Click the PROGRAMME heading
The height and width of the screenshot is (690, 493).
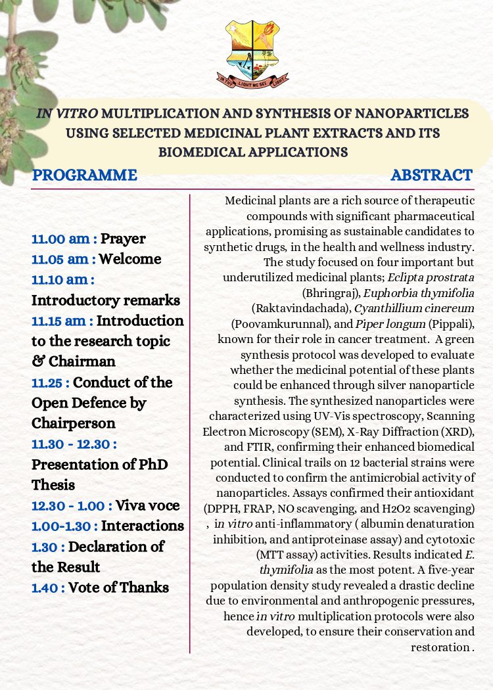[x=85, y=175]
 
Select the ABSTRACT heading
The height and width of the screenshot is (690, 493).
[x=431, y=175]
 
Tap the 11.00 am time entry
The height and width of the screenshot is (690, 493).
[x=64, y=239]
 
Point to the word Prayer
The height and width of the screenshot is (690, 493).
[x=123, y=239]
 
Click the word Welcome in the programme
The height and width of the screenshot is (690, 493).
[x=130, y=259]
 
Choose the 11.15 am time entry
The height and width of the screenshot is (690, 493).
[x=64, y=321]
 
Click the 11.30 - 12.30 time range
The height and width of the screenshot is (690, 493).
[x=74, y=444]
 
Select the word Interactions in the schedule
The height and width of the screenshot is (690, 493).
[x=143, y=526]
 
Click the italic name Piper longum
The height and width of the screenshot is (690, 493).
[x=384, y=323]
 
